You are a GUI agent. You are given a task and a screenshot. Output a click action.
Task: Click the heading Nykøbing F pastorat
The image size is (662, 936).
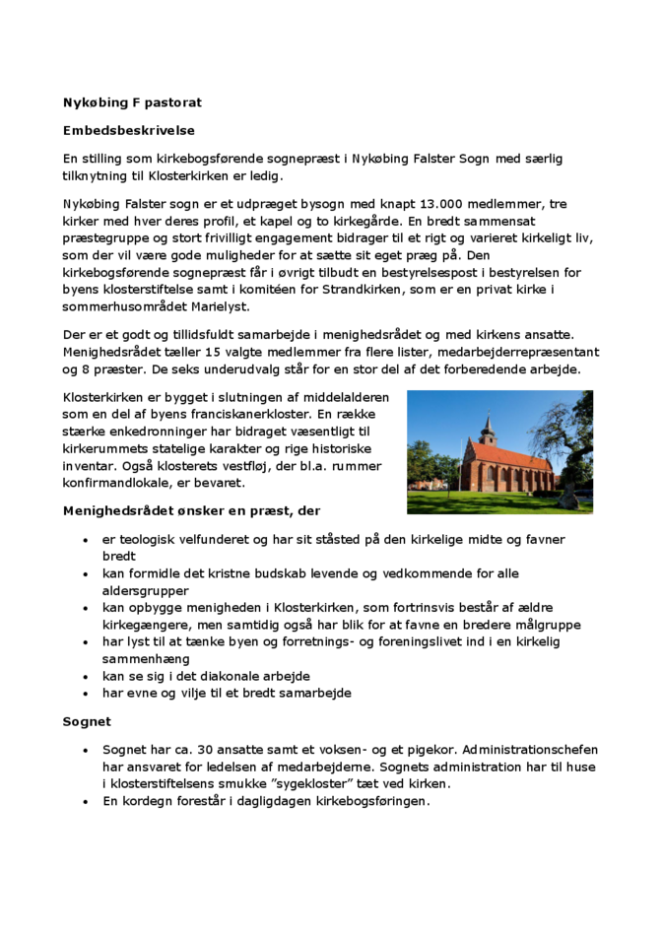point(132,101)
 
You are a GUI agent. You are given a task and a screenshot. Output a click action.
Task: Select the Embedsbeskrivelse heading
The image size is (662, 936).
point(128,130)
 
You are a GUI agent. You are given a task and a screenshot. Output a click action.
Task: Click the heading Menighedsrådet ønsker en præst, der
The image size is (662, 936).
point(190,511)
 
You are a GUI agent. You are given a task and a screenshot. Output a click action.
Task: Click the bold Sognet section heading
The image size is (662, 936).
point(87,722)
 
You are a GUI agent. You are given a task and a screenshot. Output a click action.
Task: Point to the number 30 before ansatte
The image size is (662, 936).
point(199,751)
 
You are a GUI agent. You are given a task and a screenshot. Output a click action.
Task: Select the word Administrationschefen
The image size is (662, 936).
point(529,751)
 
